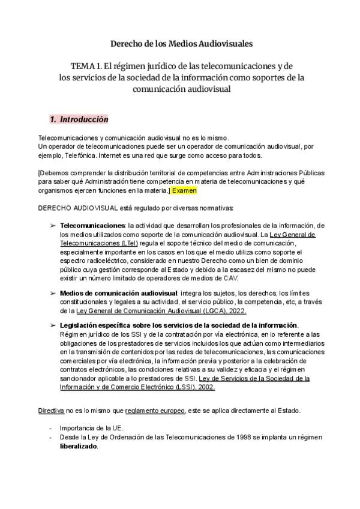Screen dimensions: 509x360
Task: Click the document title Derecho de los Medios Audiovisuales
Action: (182, 44)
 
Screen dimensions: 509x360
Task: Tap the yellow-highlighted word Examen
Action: (184, 190)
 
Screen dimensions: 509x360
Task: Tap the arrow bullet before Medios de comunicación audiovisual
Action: (53, 292)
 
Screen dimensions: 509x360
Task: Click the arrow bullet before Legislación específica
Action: (53, 325)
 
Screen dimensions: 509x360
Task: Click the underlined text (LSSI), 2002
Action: (194, 387)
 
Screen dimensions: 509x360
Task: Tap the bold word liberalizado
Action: (79, 447)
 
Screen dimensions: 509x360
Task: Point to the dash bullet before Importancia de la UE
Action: (50, 428)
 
